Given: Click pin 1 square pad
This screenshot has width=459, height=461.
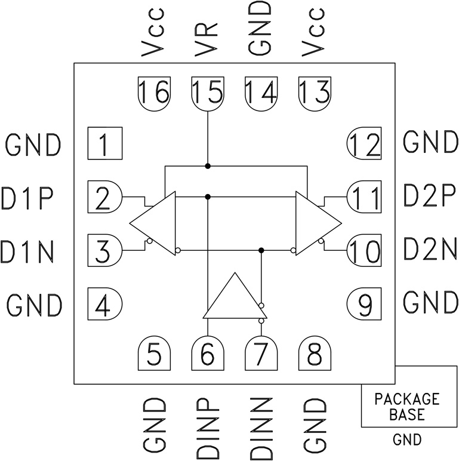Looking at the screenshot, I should click(104, 143).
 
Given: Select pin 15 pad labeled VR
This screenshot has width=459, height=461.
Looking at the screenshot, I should click(207, 93).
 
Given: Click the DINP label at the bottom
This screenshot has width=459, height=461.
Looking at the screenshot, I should click(207, 425).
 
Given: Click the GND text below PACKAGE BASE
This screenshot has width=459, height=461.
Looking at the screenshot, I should click(408, 441).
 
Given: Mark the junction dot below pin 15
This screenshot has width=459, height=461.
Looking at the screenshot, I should click(207, 165).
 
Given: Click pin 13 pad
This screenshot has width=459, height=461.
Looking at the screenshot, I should click(314, 93).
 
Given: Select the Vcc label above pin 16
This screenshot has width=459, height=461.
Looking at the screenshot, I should click(153, 33).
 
